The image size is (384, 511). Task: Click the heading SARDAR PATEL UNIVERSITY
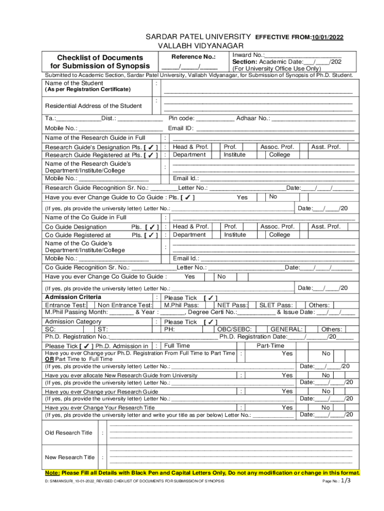tap(197, 37)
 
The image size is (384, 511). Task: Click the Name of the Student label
tap(74, 83)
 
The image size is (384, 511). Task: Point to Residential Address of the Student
tap(93, 106)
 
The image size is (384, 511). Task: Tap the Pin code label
tap(182, 118)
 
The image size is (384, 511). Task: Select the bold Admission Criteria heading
tap(73, 297)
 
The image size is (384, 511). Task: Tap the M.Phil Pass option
tap(182, 305)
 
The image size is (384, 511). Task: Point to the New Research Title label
tap(70, 457)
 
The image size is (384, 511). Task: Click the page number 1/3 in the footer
tap(346, 481)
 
